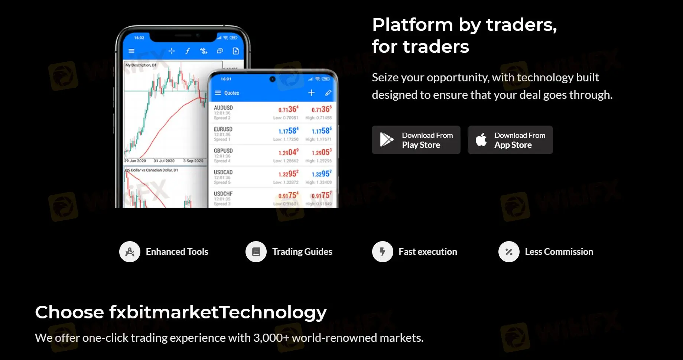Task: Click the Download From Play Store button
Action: (416, 140)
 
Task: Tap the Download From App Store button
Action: (510, 140)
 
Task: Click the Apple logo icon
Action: (481, 140)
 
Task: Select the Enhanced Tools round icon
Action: (130, 252)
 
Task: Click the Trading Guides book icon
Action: (256, 252)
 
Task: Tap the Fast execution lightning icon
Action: (383, 252)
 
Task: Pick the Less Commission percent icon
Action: (509, 252)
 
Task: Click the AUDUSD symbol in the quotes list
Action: (223, 108)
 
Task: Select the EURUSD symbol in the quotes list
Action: (223, 129)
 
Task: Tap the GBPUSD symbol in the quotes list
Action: (223, 151)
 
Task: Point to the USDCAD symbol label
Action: (223, 172)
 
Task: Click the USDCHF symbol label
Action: (223, 194)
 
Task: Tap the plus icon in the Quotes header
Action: (311, 93)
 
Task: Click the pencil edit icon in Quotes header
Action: (328, 93)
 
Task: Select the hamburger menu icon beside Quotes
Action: (218, 93)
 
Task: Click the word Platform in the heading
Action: (412, 25)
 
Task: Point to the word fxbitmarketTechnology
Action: (218, 312)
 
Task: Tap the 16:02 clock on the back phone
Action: (139, 38)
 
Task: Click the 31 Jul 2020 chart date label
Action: (164, 161)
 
